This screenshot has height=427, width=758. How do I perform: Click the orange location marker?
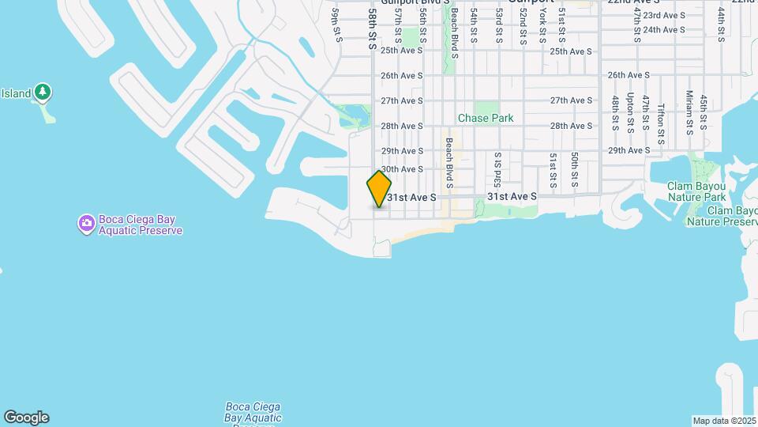coord(379,189)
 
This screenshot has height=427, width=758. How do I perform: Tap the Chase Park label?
coord(486,118)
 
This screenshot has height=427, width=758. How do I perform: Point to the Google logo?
coord(26,417)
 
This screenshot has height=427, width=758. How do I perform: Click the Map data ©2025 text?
coord(724,421)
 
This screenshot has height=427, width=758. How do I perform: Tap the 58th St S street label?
coord(371,30)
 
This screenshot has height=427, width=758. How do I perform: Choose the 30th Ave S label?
coord(403,169)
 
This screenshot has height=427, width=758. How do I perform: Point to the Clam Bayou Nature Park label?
coord(696,191)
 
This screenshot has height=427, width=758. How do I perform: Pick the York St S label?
coord(542,27)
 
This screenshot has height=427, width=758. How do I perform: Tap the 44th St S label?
coord(721,25)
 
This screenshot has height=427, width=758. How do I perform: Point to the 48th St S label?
coord(614,112)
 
